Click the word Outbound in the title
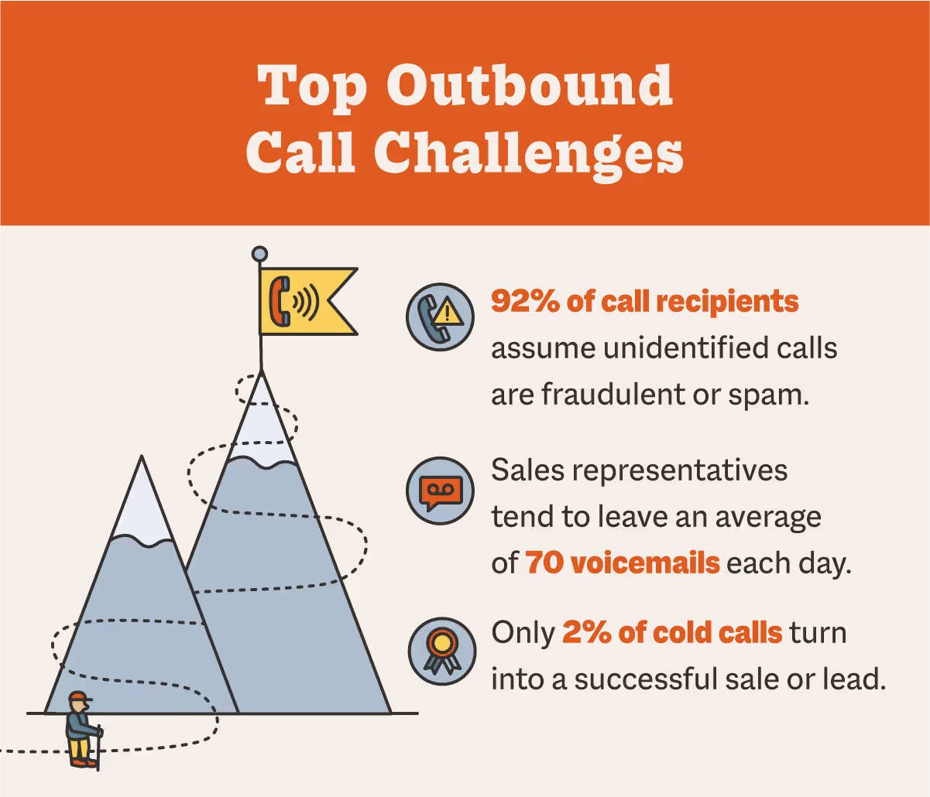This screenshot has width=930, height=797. (x=530, y=85)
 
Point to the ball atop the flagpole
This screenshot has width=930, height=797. (x=260, y=254)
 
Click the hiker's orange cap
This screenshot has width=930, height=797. (x=78, y=698)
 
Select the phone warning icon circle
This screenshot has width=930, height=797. (x=440, y=316)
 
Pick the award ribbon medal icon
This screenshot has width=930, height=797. (x=441, y=651)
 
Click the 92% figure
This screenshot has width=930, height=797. (x=525, y=301)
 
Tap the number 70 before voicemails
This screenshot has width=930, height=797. (x=544, y=563)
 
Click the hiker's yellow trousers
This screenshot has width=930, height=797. (x=78, y=749)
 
